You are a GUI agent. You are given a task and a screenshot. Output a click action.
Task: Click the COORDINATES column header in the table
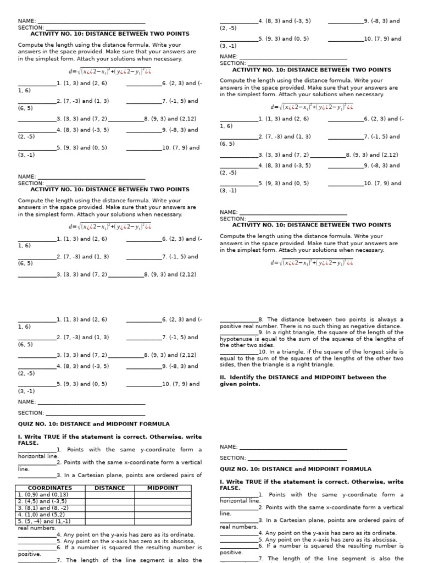[50, 488]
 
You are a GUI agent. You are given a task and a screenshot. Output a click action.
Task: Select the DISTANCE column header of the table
[110, 488]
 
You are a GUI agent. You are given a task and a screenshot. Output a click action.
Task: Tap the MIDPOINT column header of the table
[163, 488]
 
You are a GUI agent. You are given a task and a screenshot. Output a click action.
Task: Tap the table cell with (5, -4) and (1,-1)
[45, 521]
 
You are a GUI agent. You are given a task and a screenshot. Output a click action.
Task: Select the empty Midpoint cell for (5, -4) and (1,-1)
[163, 521]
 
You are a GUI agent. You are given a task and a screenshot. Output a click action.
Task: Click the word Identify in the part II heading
[242, 377]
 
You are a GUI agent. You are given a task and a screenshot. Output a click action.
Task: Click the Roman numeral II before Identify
[223, 377]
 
